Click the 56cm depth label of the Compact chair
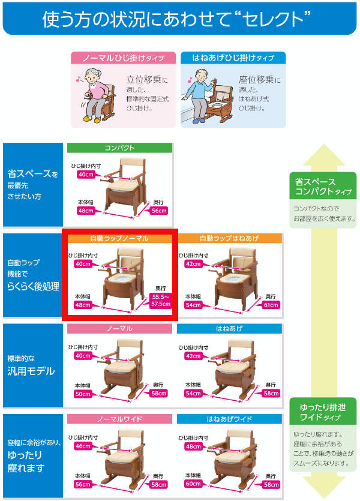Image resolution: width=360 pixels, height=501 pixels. [x=159, y=211]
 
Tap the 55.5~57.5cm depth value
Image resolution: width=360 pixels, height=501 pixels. [x=159, y=301]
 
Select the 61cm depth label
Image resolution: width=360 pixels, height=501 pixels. [x=272, y=305]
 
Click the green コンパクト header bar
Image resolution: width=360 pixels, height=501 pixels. [x=120, y=148]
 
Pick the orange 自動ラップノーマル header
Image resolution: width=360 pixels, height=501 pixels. [x=120, y=238]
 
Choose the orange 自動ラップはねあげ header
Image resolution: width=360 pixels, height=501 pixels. [x=229, y=238]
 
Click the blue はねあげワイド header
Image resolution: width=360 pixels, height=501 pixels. [x=229, y=418]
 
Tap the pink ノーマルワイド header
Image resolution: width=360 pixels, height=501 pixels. [x=120, y=418]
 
